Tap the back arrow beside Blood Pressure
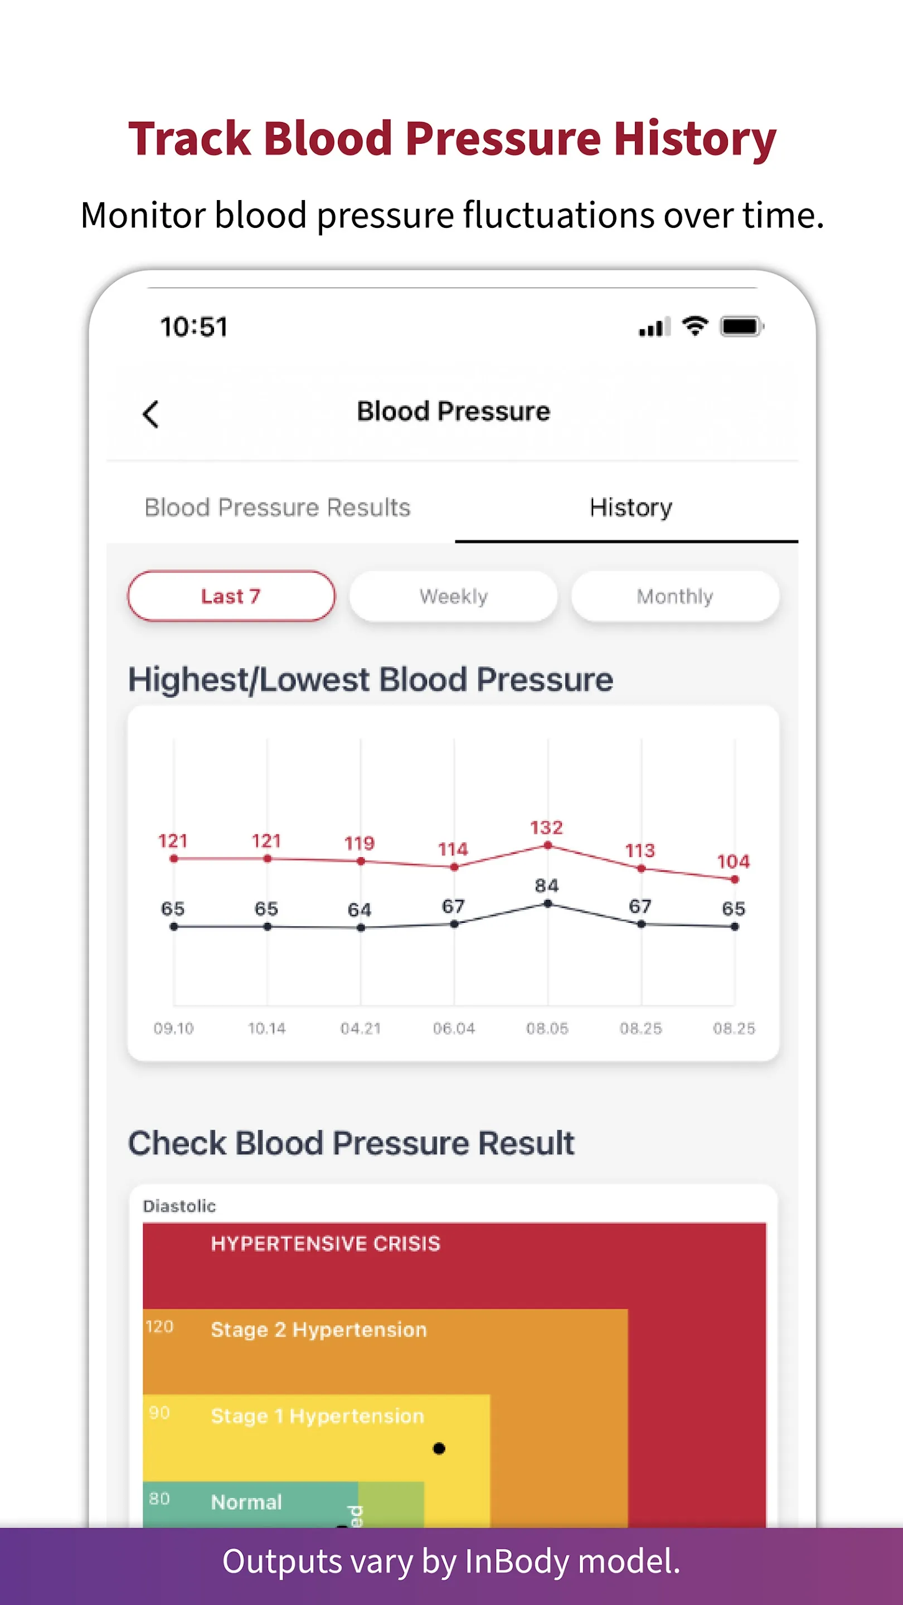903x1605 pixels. [x=151, y=414]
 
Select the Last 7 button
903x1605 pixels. [x=231, y=596]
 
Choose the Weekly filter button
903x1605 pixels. [x=453, y=596]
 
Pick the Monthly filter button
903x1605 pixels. [x=675, y=596]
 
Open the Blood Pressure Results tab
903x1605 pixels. [x=278, y=508]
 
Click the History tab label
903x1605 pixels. [x=630, y=508]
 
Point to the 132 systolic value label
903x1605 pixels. [x=546, y=828]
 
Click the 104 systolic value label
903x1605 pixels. [x=734, y=862]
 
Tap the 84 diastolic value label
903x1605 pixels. [x=546, y=886]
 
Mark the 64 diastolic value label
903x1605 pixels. [x=360, y=909]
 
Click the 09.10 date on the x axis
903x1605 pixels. [x=174, y=1028]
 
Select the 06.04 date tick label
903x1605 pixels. [x=454, y=1028]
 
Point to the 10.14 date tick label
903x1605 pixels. [x=267, y=1028]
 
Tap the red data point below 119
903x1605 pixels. [x=361, y=861]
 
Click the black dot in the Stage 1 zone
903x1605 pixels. [x=439, y=1448]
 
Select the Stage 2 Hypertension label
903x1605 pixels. [x=318, y=1330]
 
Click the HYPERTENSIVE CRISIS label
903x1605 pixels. [x=326, y=1244]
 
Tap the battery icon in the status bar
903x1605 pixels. [x=741, y=326]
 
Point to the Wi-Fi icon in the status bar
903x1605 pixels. [x=695, y=325]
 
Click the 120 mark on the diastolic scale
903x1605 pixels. [x=159, y=1326]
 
